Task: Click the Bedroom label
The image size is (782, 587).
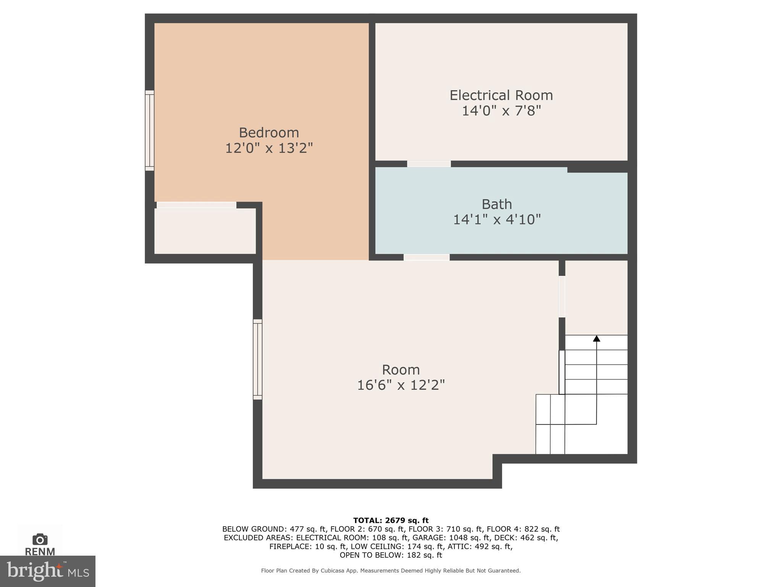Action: coord(269,133)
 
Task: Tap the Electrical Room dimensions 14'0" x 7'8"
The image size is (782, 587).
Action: coord(501,111)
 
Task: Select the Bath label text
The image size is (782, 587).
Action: coord(496,204)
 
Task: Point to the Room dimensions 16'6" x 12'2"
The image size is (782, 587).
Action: coord(401,385)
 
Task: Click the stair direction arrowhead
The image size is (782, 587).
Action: coord(596,339)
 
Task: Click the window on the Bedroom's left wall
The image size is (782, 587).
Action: coord(150,130)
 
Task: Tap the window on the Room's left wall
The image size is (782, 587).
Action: coord(258,359)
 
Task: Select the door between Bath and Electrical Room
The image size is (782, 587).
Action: coord(429,164)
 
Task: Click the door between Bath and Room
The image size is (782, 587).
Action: coord(427,257)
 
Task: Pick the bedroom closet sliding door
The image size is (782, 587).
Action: coord(196,205)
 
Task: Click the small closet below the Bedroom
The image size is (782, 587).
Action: coord(205,231)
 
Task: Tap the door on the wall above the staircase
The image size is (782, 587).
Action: coord(562,297)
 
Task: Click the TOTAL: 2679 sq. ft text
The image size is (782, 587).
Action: coord(391,520)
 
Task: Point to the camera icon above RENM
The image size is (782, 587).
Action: coord(40,539)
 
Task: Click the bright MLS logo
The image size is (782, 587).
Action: coord(47,571)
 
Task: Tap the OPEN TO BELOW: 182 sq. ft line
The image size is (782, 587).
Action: coord(391,555)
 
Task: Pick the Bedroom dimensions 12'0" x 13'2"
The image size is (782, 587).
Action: coord(269,148)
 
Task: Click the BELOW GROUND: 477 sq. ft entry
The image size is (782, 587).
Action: coord(274,529)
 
